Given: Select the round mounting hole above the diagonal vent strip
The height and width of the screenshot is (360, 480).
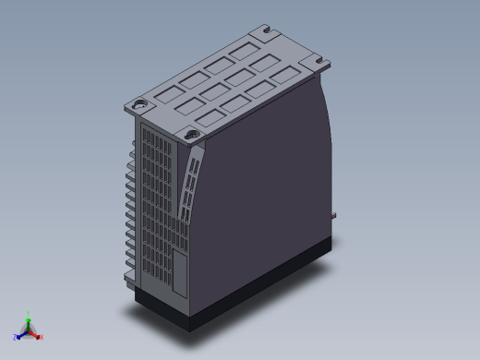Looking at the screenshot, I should (193, 136).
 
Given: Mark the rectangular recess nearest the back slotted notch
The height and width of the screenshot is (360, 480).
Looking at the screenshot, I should (246, 50).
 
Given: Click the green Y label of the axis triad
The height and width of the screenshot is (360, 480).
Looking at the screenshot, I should (29, 313).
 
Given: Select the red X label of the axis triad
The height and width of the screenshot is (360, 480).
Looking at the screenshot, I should (42, 336).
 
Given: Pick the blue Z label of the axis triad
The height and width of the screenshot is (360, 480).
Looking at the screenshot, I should (16, 337).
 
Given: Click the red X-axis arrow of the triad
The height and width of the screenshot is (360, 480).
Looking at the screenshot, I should (36, 333).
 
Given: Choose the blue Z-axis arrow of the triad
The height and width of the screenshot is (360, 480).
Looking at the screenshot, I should (21, 334).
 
